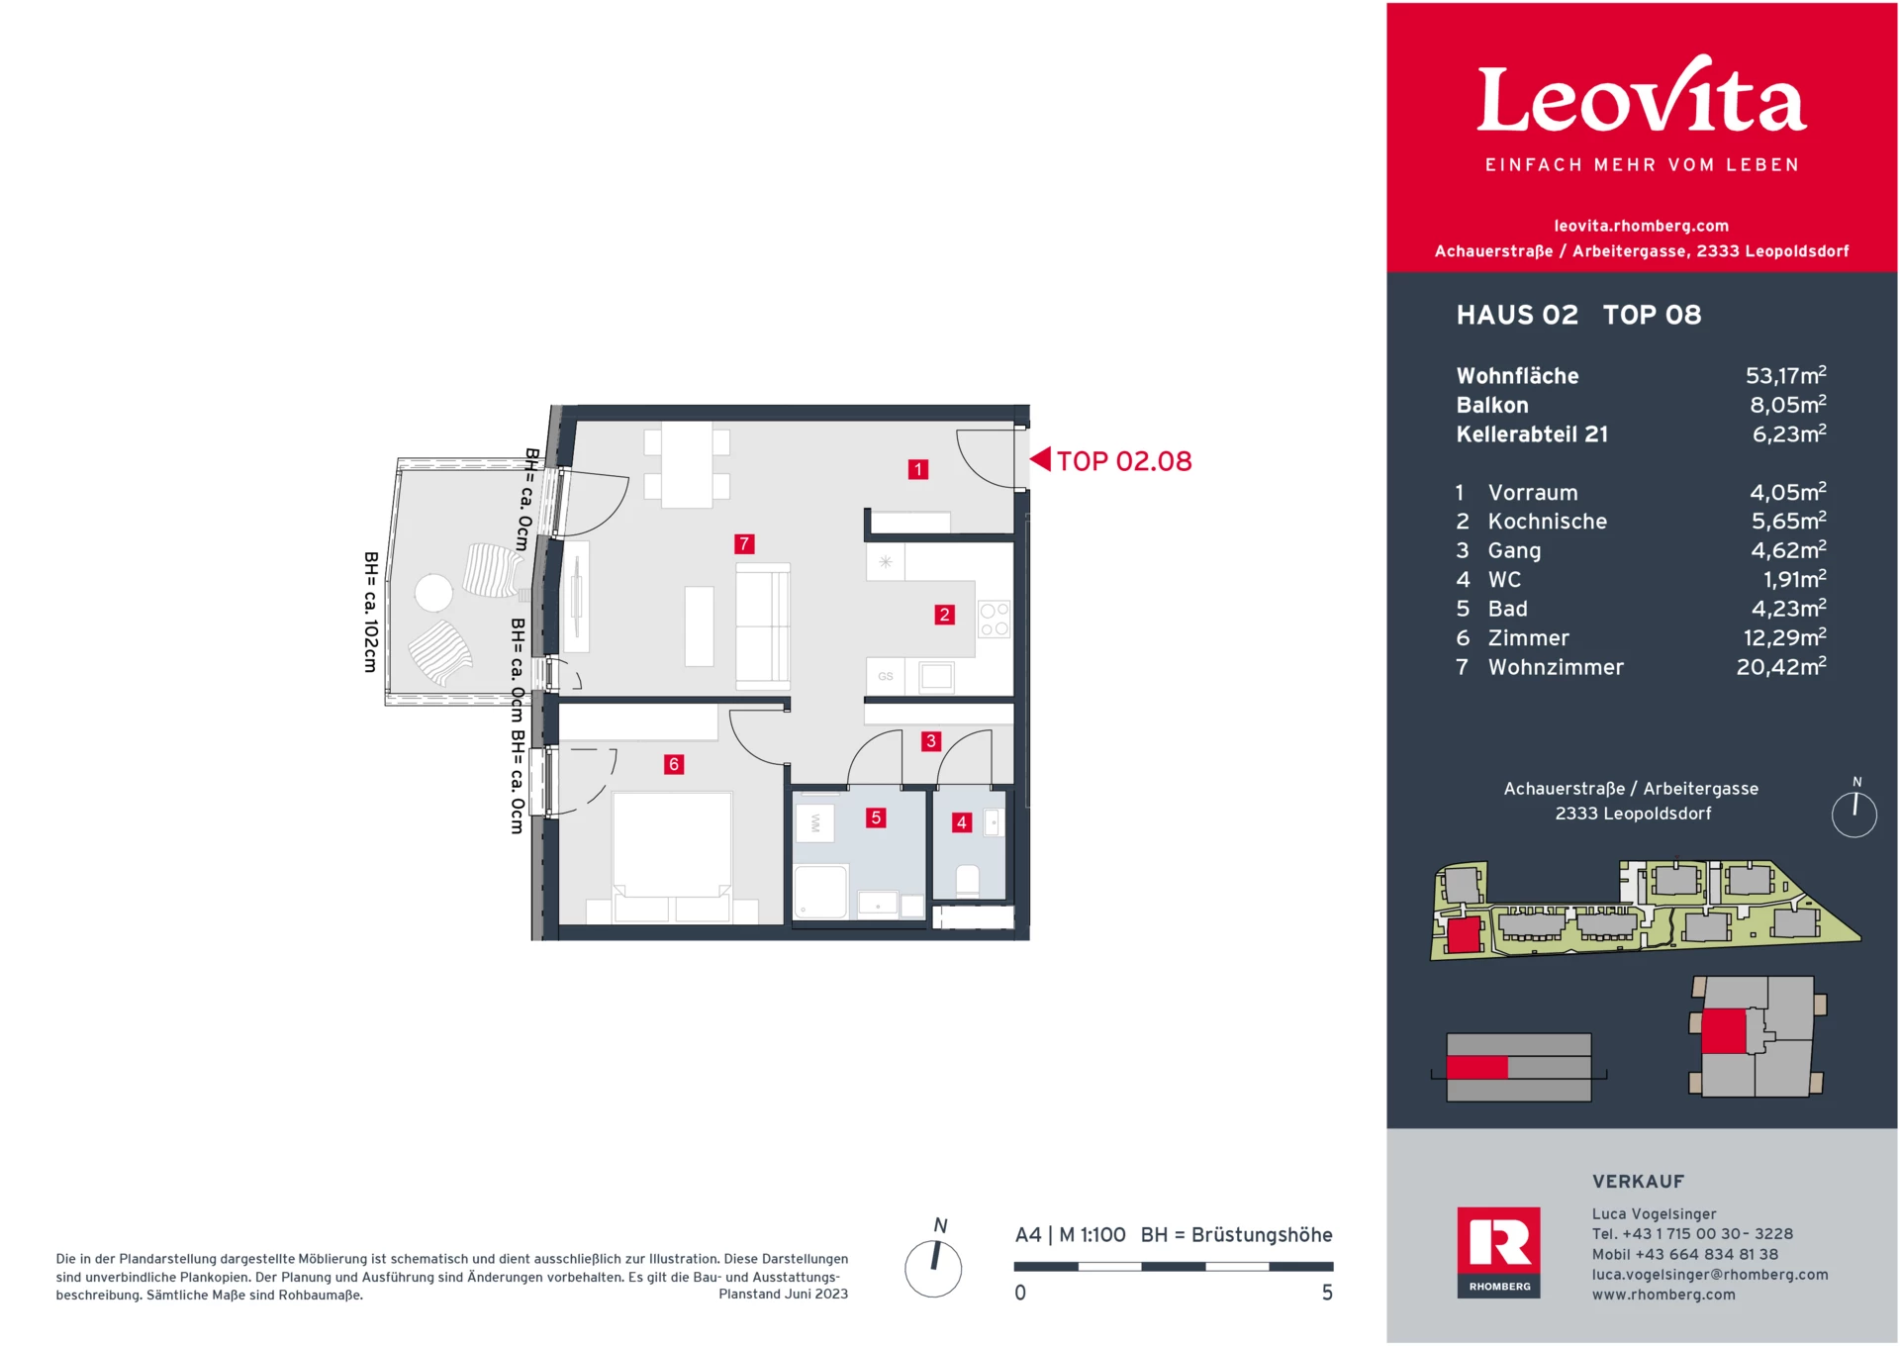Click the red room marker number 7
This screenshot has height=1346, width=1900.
[744, 543]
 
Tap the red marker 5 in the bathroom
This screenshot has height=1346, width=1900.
[876, 817]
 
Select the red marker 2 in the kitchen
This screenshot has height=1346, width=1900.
[944, 615]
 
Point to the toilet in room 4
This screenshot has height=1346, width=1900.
[967, 880]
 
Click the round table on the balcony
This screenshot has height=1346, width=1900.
[433, 593]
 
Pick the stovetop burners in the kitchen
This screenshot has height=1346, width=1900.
[994, 620]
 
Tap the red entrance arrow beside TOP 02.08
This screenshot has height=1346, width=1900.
[1040, 459]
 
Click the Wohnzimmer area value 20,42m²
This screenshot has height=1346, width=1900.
[1780, 667]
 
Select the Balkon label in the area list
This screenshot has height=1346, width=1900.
[1492, 405]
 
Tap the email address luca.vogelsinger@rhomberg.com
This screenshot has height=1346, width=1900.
[1709, 1275]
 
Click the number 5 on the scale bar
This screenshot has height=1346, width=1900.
[1327, 1293]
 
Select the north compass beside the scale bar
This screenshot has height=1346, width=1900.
[933, 1268]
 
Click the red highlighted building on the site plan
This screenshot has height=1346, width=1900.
[1463, 934]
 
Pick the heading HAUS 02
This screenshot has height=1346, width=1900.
[1517, 315]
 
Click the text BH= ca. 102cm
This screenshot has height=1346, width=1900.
[371, 613]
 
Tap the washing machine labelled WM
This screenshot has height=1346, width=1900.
[815, 822]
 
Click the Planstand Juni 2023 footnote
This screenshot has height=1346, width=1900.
[783, 1294]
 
